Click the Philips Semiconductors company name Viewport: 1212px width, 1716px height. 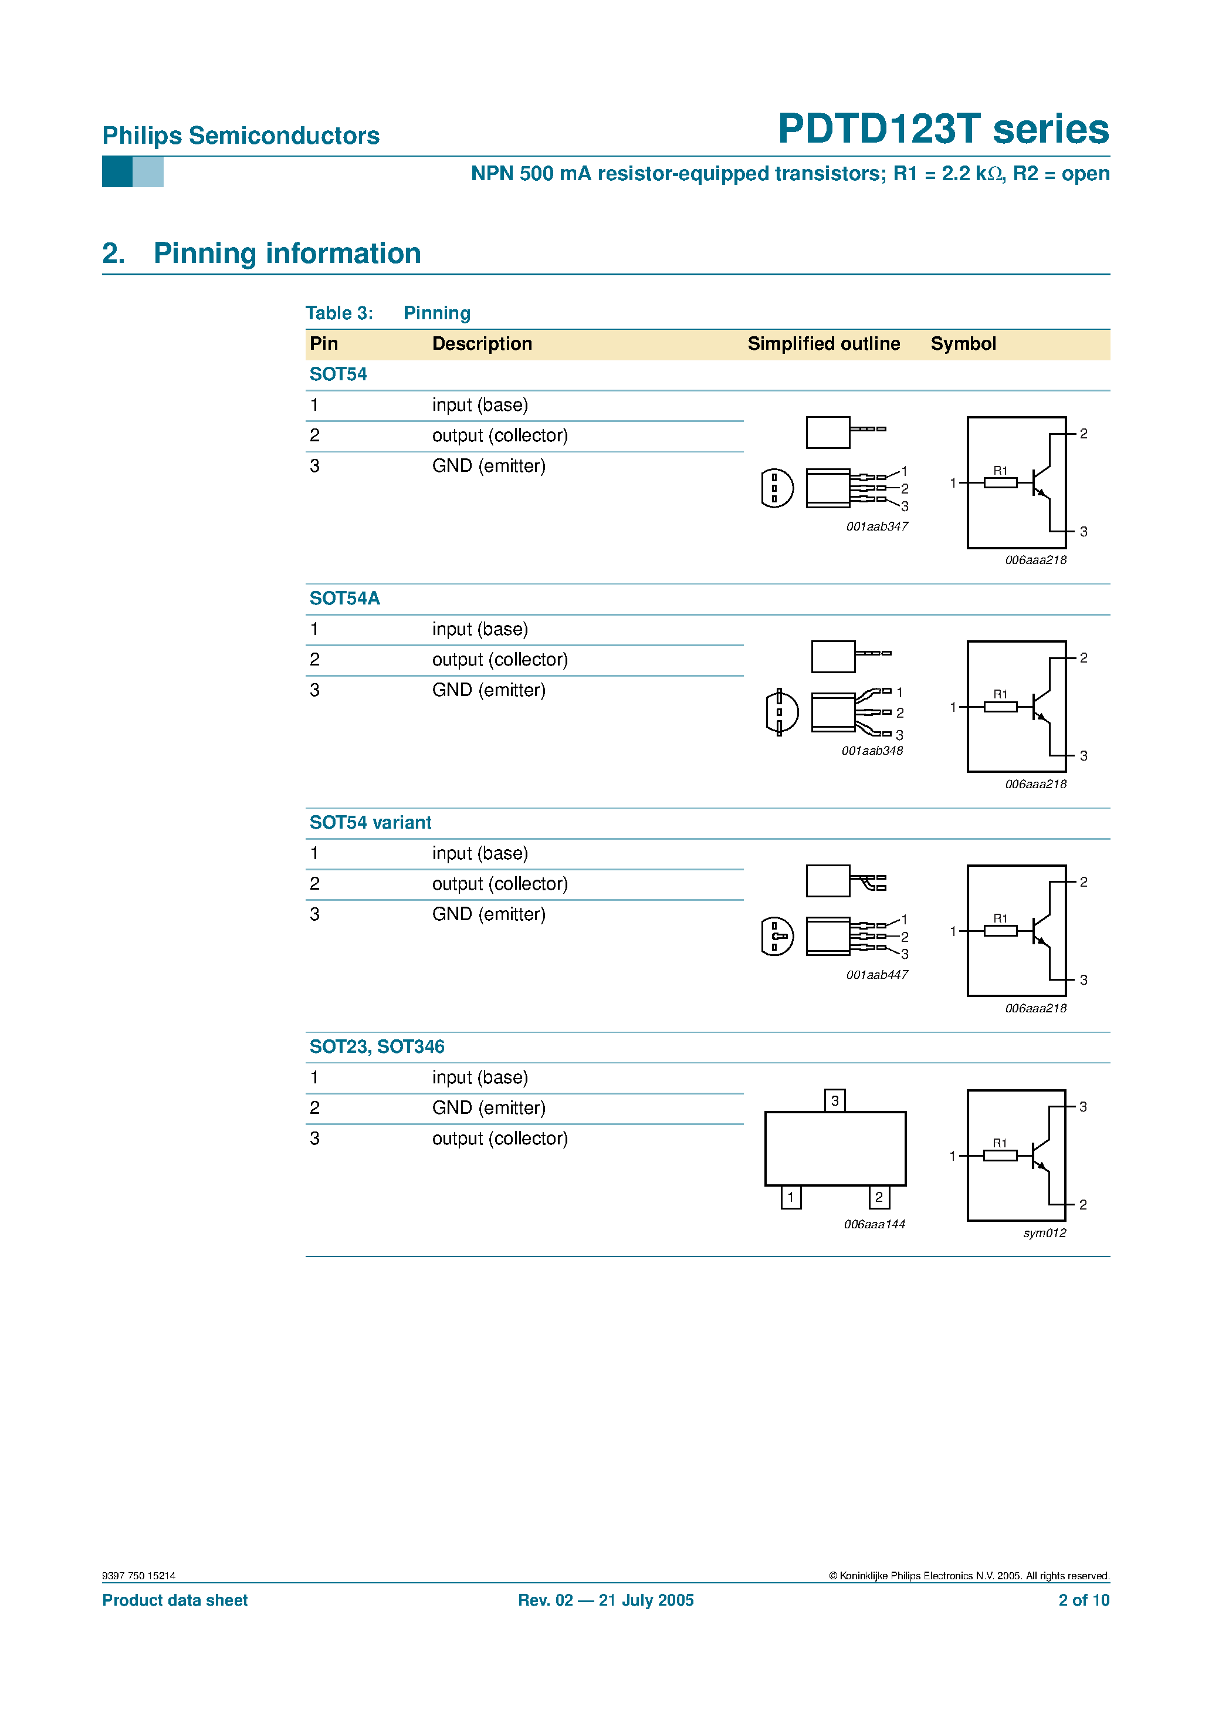pos(241,136)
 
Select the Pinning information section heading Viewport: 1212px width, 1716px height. pos(287,254)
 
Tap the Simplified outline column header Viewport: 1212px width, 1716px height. pos(824,344)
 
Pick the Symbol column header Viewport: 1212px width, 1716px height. pos(963,344)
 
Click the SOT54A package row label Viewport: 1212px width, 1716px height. pos(344,598)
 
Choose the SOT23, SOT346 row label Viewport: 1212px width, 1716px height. pos(377,1046)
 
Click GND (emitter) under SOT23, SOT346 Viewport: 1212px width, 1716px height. pos(489,1107)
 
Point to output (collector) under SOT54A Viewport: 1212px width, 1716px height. pos(500,659)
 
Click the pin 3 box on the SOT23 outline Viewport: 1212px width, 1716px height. pos(835,1100)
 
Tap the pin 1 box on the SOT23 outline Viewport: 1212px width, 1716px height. pos(791,1197)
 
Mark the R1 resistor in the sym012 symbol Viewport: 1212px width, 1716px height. pos(1000,1156)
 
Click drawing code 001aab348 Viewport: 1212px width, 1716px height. pos(872,751)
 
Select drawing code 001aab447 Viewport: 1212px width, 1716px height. pos(876,975)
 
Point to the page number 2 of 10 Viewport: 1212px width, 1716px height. pos(1084,1600)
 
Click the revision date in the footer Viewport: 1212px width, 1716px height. pos(606,1600)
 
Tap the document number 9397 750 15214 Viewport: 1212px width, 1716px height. pos(139,1576)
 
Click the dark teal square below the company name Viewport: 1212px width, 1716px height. pos(117,172)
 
